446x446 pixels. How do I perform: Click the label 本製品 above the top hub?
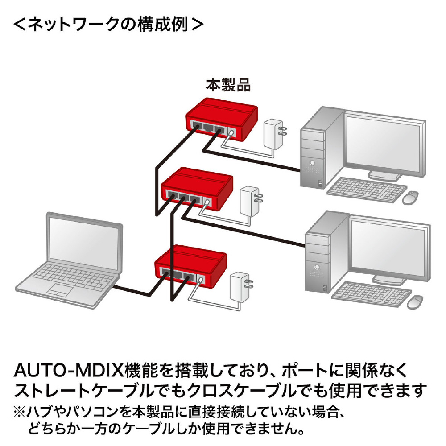pos(228,84)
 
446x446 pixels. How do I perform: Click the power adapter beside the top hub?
pos(273,133)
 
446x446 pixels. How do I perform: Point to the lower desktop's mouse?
pos(416,301)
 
